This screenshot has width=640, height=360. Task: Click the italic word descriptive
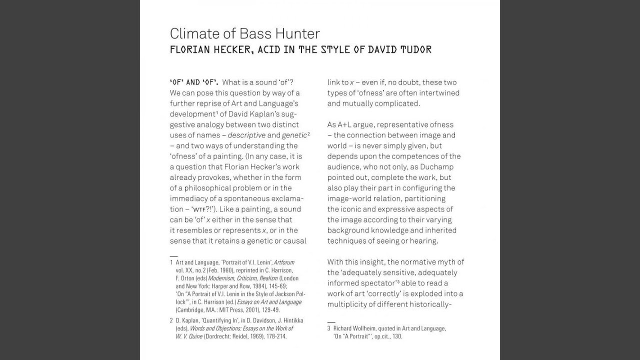(246, 135)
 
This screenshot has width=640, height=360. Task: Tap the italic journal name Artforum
(284, 262)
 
